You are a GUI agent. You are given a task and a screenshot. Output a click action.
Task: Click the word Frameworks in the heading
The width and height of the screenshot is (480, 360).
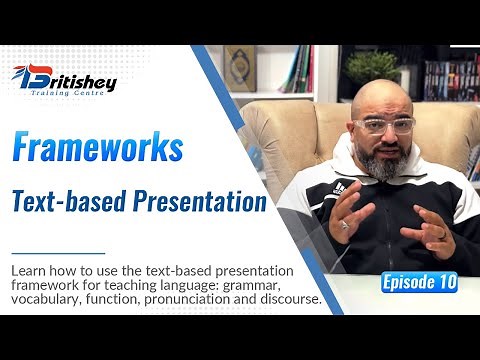[x=98, y=148]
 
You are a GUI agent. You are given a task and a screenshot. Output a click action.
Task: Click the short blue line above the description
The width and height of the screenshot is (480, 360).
[x=60, y=253]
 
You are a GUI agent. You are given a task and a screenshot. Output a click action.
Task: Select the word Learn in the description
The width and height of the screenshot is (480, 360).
[x=28, y=270]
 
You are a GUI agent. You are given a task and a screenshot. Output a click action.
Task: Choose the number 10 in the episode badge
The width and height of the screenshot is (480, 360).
[x=445, y=283]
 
